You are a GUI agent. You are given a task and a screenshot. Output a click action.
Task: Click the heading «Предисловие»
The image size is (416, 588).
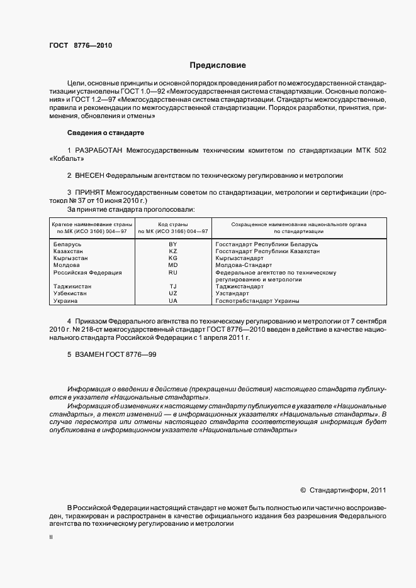(218, 65)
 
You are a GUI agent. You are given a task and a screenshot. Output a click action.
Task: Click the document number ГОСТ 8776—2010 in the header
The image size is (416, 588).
(81, 45)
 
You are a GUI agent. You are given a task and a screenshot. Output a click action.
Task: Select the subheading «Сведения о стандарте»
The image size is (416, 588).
(106, 133)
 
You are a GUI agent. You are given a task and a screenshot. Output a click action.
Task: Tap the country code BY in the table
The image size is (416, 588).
(173, 243)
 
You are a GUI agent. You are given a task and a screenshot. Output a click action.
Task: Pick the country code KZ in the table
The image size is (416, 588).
(173, 251)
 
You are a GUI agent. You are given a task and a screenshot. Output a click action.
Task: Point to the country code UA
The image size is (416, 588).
(173, 301)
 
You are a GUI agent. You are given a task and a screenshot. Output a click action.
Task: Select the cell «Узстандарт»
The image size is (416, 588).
(232, 293)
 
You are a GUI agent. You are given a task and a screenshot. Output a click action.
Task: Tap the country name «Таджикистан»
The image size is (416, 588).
(72, 286)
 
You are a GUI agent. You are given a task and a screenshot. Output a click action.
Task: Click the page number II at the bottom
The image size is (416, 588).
(51, 538)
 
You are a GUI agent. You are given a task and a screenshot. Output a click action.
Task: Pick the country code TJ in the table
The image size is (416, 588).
(173, 286)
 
